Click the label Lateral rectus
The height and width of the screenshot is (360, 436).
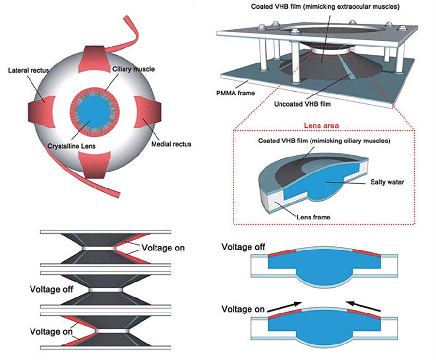click(x=29, y=71)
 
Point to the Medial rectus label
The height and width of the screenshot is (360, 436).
click(x=171, y=144)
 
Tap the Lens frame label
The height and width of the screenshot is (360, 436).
click(x=315, y=217)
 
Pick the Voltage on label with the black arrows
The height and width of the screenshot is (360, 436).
click(x=243, y=309)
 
